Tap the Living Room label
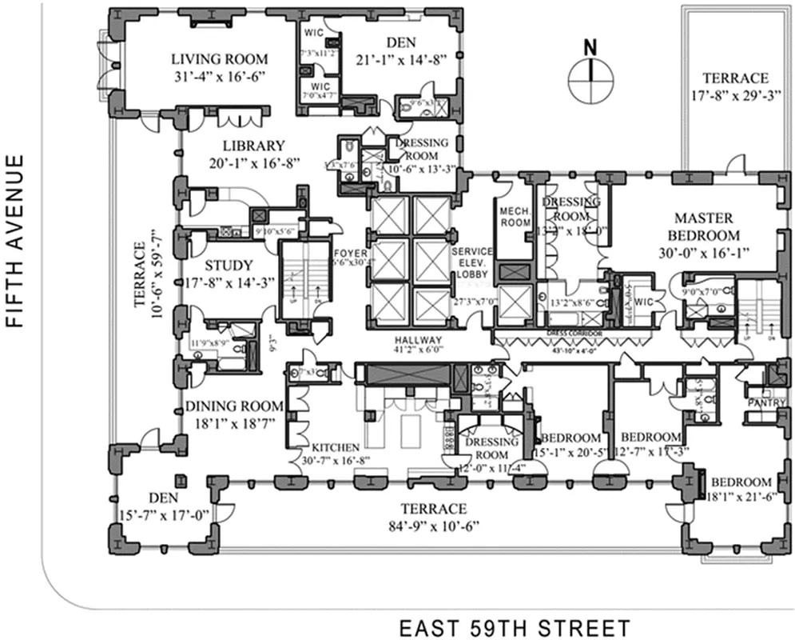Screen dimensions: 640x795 tap(220, 59)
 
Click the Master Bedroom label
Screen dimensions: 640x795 tap(706, 226)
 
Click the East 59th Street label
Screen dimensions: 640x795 tap(515, 627)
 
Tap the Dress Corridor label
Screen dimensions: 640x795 tap(580, 330)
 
